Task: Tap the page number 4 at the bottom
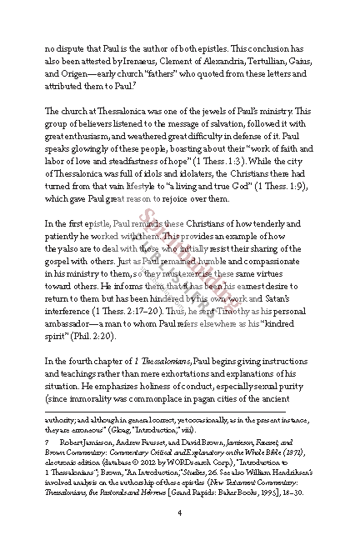click(x=180, y=513)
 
